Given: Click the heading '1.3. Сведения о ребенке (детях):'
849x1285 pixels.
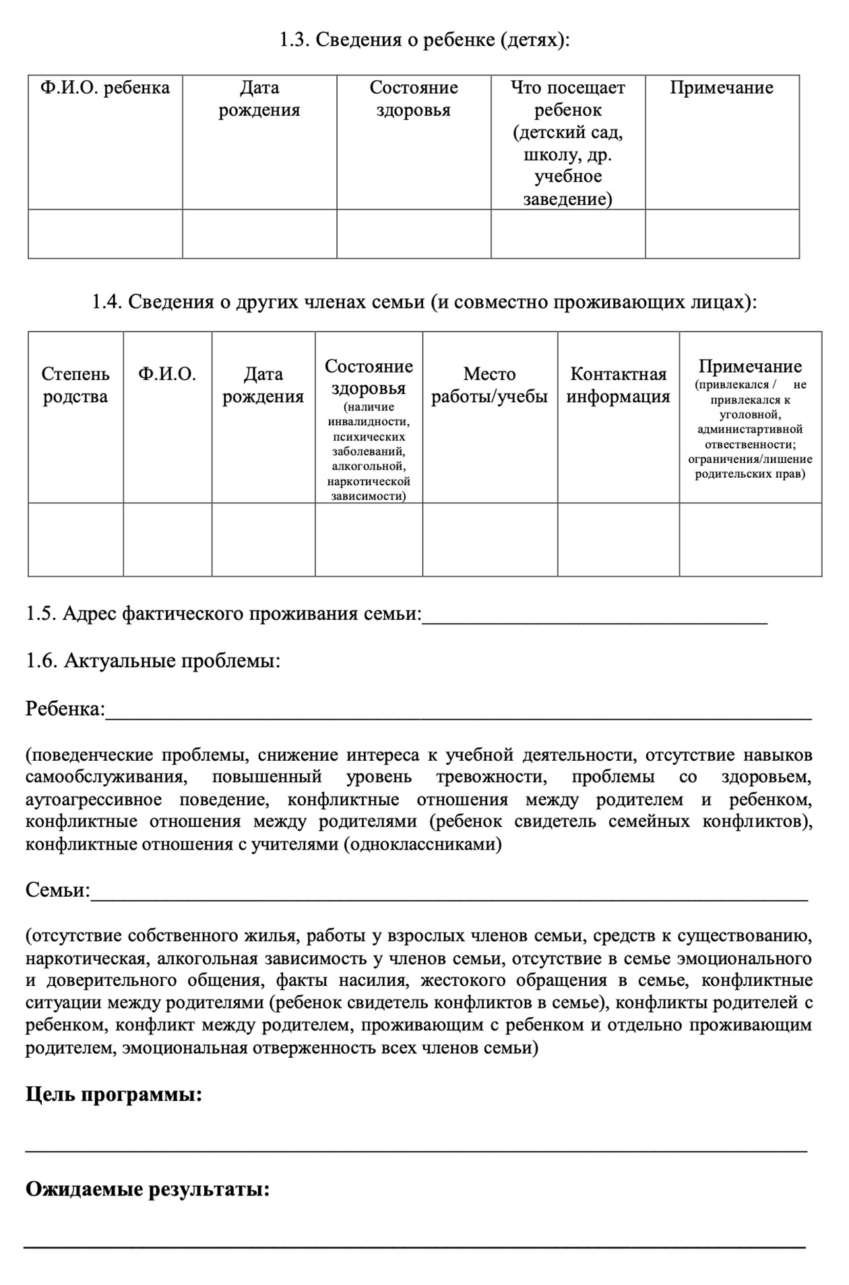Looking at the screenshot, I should click(x=425, y=40).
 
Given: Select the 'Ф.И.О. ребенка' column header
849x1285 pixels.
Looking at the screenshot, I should click(x=105, y=88).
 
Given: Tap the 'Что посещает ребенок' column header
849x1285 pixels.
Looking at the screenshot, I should click(x=567, y=143).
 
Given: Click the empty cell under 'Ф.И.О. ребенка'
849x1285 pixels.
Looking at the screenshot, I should click(x=105, y=234).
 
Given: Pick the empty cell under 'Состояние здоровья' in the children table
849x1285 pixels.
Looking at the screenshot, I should click(x=414, y=234).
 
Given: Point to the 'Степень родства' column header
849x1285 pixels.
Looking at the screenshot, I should click(x=75, y=385).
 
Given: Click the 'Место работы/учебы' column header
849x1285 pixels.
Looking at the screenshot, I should click(x=490, y=385).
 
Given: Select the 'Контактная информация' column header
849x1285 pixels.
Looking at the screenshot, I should click(x=618, y=385).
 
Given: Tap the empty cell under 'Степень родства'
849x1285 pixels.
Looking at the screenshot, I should click(x=75, y=540).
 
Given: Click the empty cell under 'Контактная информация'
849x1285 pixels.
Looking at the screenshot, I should click(x=618, y=540).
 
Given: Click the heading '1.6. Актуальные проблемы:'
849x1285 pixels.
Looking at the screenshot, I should click(x=153, y=661).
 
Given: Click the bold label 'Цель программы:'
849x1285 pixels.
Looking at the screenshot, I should click(x=114, y=1094).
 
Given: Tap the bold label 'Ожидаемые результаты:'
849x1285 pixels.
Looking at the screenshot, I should click(x=148, y=1189).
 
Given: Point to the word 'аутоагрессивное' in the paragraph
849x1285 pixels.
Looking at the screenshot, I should click(x=94, y=800).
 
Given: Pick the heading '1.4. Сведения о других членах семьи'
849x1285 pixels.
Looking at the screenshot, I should click(x=425, y=302).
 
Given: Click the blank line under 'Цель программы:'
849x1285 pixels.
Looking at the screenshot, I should click(x=416, y=1150).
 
